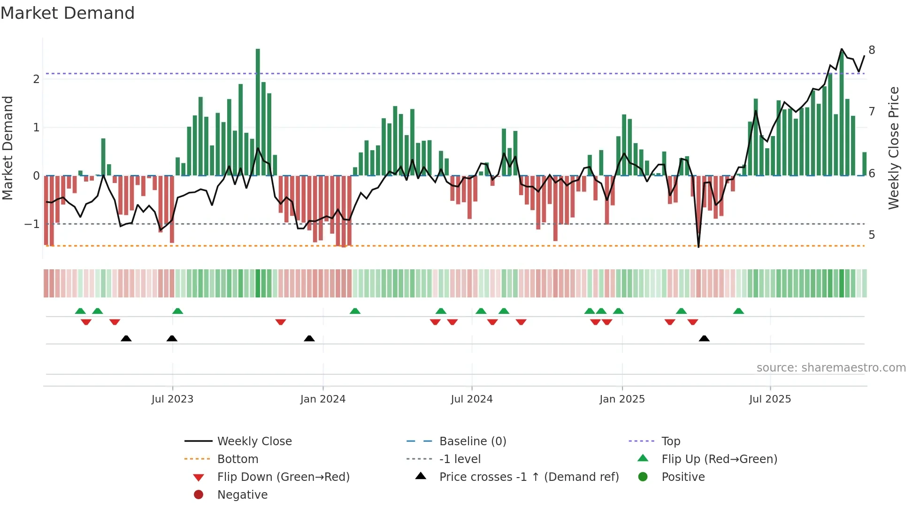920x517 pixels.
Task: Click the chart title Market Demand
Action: pyautogui.click(x=68, y=13)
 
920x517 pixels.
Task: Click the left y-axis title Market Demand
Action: pyautogui.click(x=8, y=148)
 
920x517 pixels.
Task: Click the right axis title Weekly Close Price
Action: pyautogui.click(x=894, y=148)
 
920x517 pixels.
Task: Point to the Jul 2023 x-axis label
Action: pyautogui.click(x=172, y=399)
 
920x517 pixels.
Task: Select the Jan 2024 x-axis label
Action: pyautogui.click(x=323, y=399)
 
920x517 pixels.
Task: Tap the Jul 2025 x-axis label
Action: pyautogui.click(x=770, y=399)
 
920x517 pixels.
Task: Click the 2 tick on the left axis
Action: pyautogui.click(x=36, y=79)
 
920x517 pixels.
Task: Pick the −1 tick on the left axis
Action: pyautogui.click(x=32, y=224)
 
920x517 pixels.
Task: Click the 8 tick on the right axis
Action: pyautogui.click(x=872, y=50)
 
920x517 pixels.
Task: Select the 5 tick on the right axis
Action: pyautogui.click(x=872, y=235)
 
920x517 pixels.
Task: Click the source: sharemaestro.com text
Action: pyautogui.click(x=831, y=368)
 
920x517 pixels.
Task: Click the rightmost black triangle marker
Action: pyautogui.click(x=704, y=339)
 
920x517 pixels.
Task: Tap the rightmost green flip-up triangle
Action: pyautogui.click(x=738, y=311)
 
